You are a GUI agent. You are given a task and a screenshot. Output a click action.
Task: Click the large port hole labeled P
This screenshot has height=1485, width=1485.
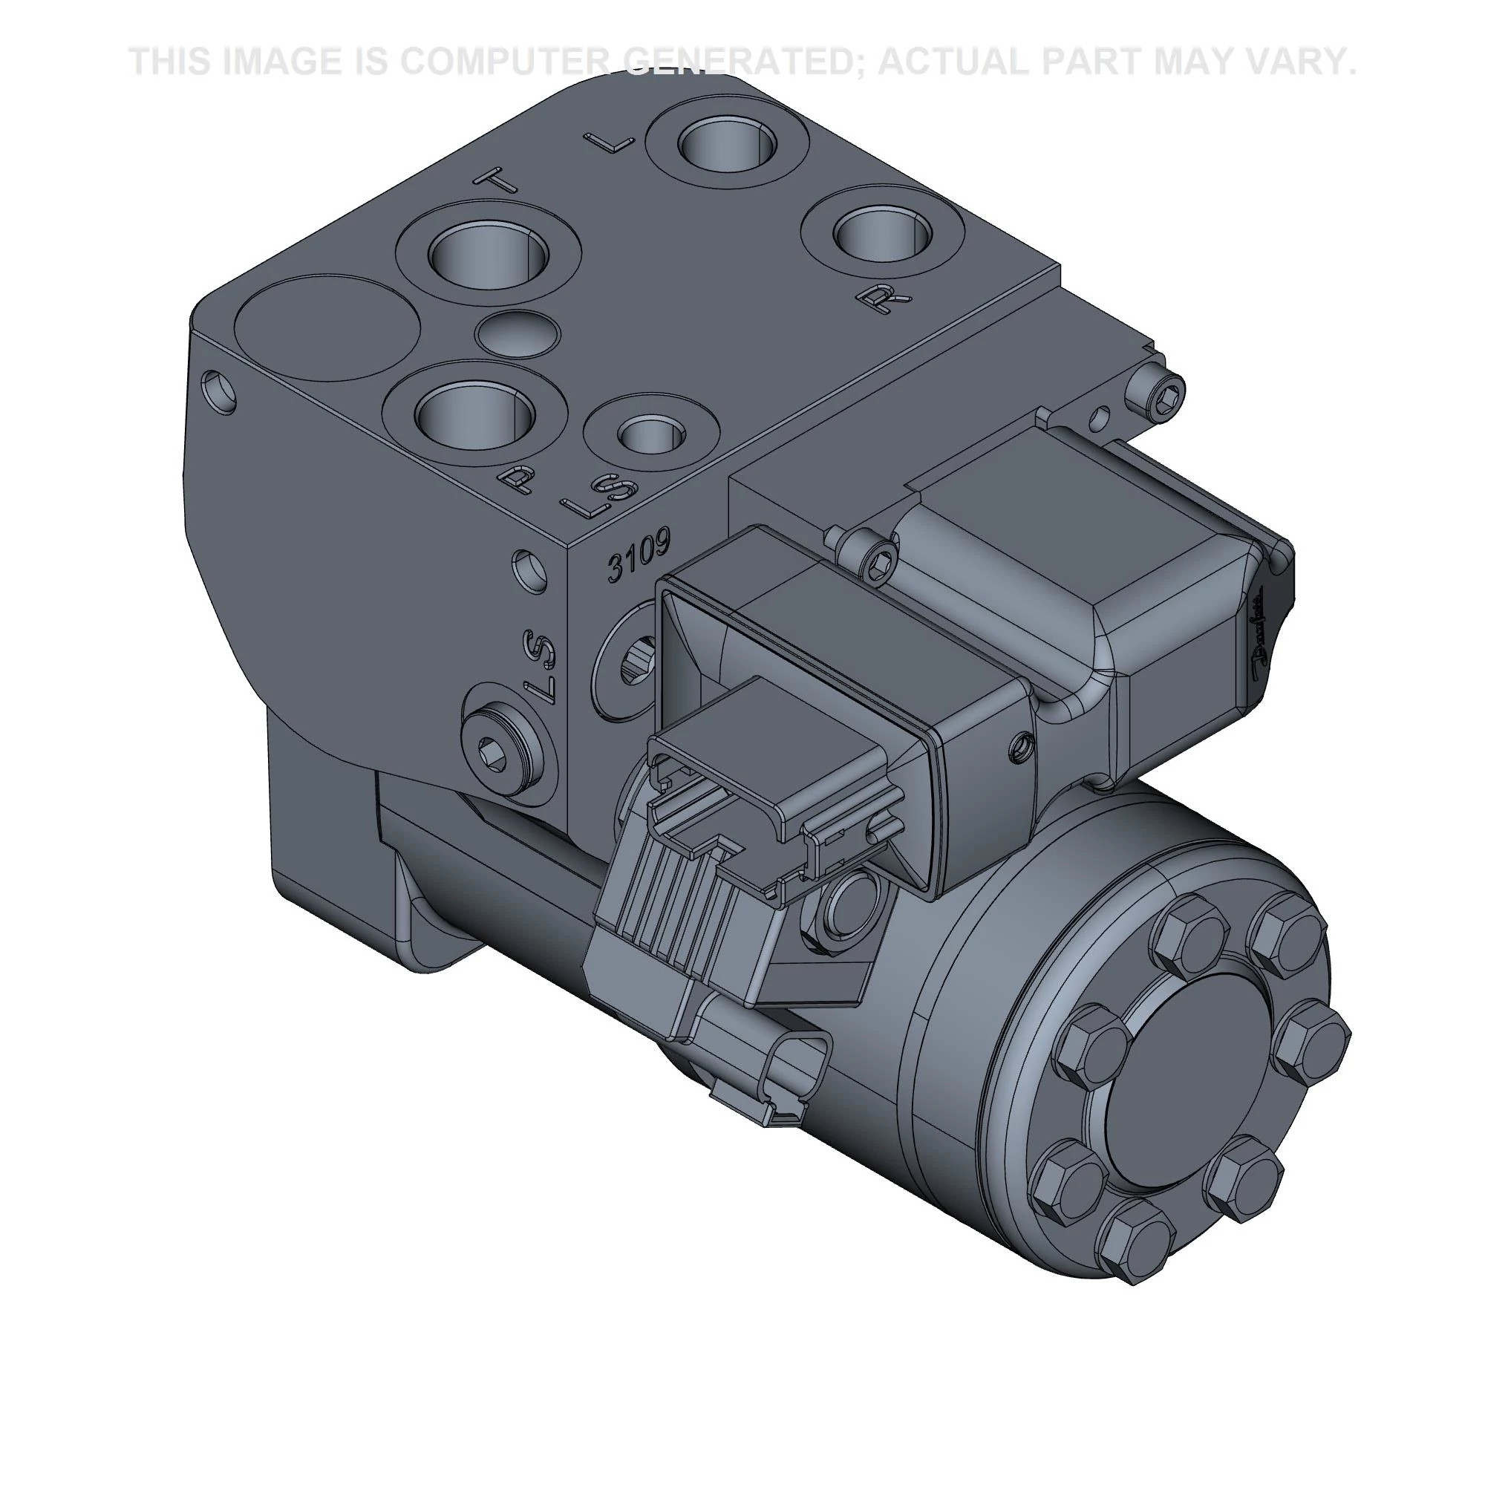(475, 416)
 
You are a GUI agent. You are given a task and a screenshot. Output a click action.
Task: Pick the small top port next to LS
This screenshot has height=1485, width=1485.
(652, 436)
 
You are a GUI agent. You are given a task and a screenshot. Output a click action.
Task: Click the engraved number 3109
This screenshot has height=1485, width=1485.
(639, 554)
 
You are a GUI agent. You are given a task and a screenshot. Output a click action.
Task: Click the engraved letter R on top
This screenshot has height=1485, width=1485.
(886, 297)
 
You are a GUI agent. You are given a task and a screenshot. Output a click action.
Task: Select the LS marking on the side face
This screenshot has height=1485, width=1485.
(541, 668)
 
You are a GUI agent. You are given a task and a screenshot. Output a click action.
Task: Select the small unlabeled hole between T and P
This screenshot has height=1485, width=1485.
(518, 333)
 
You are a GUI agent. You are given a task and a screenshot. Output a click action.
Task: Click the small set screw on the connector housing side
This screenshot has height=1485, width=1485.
(1021, 742)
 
